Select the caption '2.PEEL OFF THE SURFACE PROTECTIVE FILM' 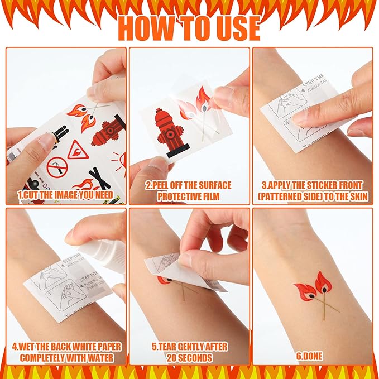[189, 190]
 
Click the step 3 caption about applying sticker [312, 190]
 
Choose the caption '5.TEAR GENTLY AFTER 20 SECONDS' [189, 352]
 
